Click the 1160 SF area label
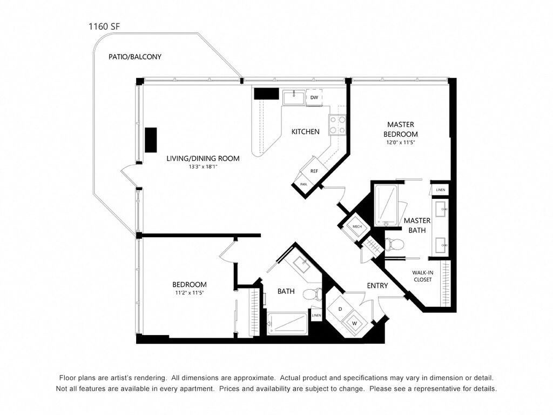104,26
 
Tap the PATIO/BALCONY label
134,57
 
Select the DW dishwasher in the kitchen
314,97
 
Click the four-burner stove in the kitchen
337,125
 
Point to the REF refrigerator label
314,171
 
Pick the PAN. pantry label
304,185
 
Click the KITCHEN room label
306,132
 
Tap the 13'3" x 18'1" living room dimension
203,167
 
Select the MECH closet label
358,226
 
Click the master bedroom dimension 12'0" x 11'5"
400,143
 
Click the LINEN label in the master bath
441,190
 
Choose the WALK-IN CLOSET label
422,276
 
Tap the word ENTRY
377,285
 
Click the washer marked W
354,323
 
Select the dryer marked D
340,309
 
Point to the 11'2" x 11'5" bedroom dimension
190,292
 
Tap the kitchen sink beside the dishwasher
294,97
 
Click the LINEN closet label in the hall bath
316,315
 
